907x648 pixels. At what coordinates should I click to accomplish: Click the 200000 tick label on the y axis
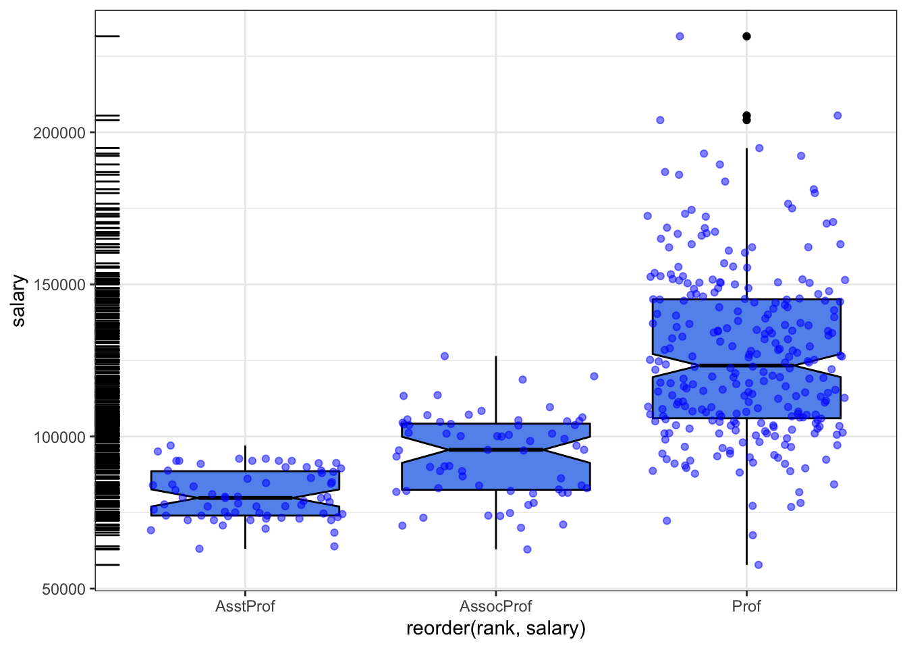[x=59, y=133]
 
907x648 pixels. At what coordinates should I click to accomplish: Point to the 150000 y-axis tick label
[x=59, y=285]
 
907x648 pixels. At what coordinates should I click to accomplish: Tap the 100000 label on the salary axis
[x=59, y=437]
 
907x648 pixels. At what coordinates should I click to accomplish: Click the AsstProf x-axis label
[x=245, y=606]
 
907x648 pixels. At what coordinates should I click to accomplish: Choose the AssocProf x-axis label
[x=496, y=606]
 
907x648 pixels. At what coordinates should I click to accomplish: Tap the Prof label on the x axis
[x=746, y=606]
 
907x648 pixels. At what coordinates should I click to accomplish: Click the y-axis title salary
[x=19, y=300]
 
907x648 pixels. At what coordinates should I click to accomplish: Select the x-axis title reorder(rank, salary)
[x=496, y=628]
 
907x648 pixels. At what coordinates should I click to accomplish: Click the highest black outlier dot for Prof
[x=746, y=36]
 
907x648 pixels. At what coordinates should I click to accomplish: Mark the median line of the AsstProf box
[x=245, y=498]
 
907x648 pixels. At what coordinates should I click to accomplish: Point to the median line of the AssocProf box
[x=496, y=450]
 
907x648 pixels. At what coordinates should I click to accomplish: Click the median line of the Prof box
[x=746, y=365]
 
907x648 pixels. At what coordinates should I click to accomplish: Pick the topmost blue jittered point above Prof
[x=680, y=36]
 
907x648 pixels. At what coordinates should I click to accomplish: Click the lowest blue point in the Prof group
[x=758, y=565]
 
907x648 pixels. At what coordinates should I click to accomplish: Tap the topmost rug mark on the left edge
[x=107, y=36]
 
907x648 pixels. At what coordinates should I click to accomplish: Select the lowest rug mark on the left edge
[x=107, y=565]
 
